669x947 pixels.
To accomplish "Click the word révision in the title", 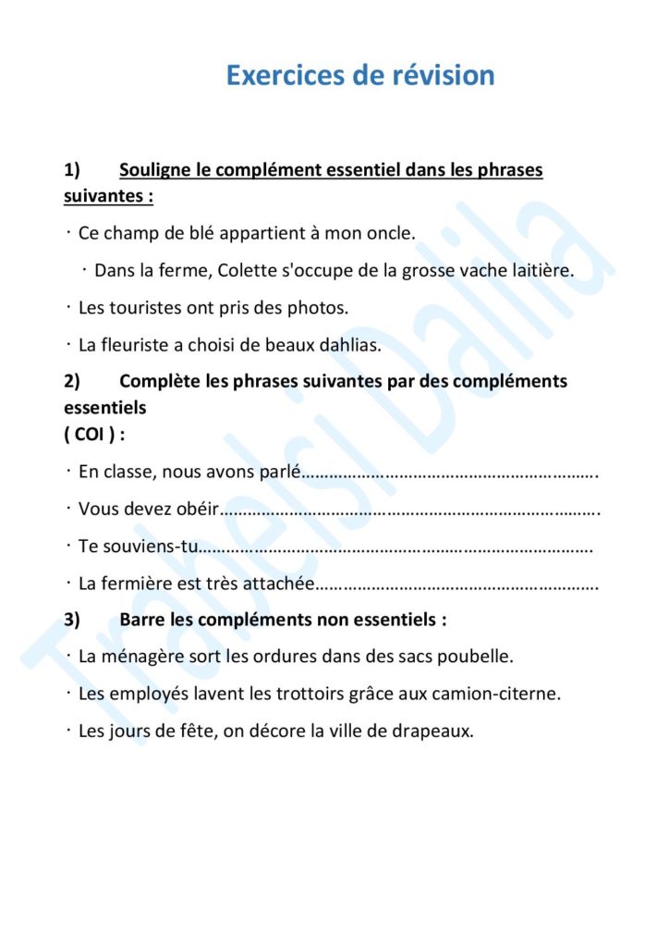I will click(x=439, y=75).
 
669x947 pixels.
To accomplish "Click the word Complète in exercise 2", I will click(x=160, y=381).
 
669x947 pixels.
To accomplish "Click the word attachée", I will click(x=278, y=584).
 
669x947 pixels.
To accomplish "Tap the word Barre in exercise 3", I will click(x=144, y=620).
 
